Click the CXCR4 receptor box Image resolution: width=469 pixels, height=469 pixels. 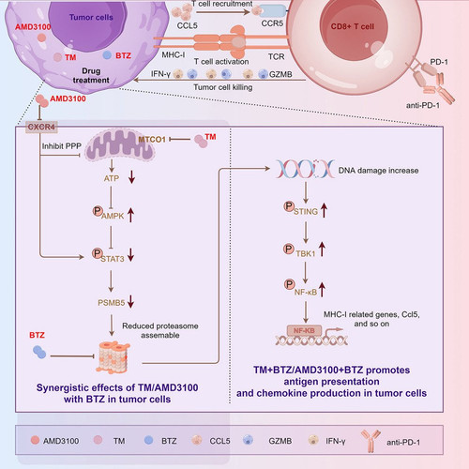point(41,127)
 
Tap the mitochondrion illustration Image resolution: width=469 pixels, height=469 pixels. point(120,145)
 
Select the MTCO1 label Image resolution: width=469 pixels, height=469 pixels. point(152,140)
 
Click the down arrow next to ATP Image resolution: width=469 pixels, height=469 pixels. point(131,176)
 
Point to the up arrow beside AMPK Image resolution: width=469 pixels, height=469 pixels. point(130,215)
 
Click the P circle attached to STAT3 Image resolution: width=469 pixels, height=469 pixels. point(98,253)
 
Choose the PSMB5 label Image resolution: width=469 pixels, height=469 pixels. point(112,303)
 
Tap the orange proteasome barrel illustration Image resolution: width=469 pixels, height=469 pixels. point(113,357)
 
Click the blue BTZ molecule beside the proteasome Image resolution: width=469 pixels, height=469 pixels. point(39,352)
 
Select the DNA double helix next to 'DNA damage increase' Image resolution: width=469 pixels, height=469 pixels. point(305,169)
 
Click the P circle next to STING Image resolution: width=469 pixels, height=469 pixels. point(289,206)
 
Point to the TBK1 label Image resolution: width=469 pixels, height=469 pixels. point(306,253)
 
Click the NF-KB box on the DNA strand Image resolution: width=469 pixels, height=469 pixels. point(304,331)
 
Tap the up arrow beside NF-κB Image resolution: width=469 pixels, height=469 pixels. point(322,290)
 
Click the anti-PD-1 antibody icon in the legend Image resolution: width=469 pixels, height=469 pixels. point(371,441)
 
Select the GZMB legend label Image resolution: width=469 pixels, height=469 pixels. point(280,441)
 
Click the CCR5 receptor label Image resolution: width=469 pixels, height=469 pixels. point(272,23)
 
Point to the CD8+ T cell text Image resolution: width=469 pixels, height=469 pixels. point(353,26)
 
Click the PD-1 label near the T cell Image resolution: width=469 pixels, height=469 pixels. point(439,62)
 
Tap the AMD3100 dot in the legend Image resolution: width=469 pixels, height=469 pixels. point(35,440)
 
